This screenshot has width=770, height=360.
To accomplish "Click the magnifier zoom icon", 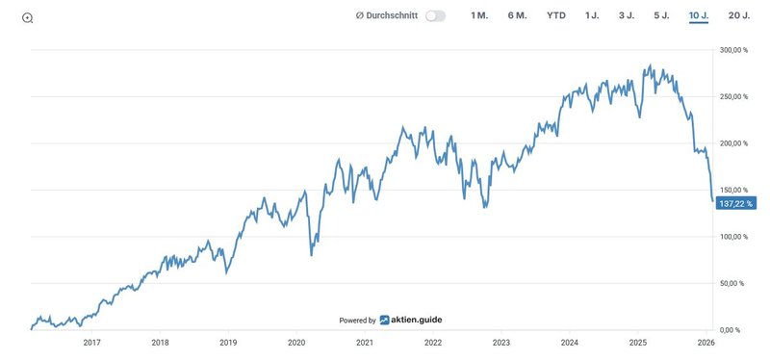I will point(27,18).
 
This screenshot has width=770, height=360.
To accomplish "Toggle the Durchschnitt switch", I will point(435,16).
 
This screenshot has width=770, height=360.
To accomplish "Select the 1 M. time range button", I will point(479,16).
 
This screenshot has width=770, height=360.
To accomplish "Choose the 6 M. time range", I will point(517,16).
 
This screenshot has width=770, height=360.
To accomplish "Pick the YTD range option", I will point(556,16).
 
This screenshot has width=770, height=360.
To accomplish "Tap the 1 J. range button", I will point(592,16).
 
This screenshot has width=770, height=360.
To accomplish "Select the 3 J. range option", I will point(627,16).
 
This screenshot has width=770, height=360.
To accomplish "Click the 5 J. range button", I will point(662,16).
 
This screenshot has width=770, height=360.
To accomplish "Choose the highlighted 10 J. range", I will point(699,16).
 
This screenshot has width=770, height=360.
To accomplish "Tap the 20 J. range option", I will point(739,16).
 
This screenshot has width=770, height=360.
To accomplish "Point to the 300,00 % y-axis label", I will point(734,50).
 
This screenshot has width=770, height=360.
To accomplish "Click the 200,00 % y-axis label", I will point(734,143).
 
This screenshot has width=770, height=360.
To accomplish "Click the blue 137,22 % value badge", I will point(736,204).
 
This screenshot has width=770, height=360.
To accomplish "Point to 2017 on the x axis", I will point(92,343).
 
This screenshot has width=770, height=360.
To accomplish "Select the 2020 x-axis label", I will point(296,343).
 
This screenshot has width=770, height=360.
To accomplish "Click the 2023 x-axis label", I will point(500,343).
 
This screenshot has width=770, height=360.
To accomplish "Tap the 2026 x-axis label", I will point(705,343).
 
